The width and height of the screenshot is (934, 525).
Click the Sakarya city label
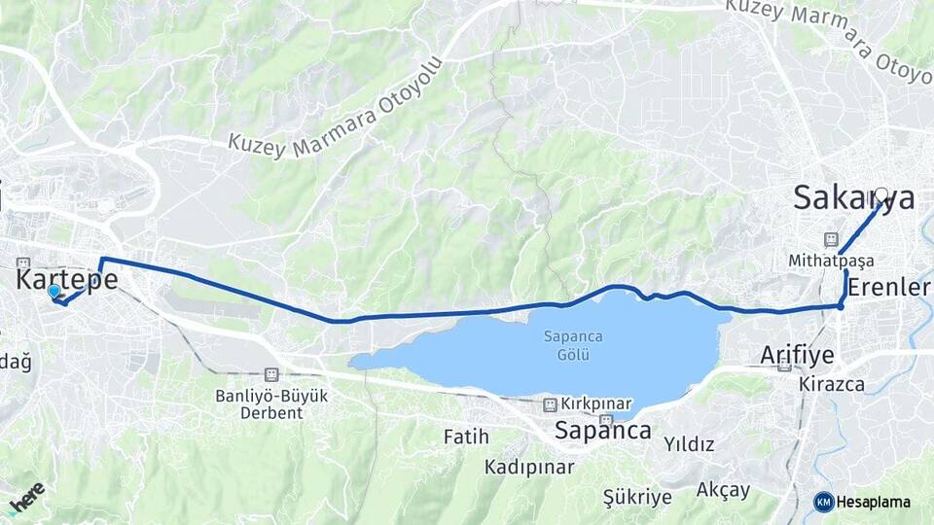point(852,198)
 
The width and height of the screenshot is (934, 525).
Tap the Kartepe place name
point(67,280)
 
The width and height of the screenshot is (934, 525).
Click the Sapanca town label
point(602,431)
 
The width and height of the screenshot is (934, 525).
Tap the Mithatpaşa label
point(831,261)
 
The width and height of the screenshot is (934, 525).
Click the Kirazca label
point(832,384)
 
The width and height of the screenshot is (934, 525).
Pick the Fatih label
point(466,437)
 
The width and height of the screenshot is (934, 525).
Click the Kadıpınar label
point(529,468)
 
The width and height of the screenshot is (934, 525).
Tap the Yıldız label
point(689,444)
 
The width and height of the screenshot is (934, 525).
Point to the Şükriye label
point(637,498)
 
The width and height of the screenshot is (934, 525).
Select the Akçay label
point(723,490)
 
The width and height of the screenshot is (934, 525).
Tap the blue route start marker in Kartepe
point(54,291)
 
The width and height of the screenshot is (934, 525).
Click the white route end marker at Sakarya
point(881,194)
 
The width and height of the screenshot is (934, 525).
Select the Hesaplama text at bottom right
point(873,502)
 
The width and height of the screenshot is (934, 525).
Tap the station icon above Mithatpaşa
point(831,239)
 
